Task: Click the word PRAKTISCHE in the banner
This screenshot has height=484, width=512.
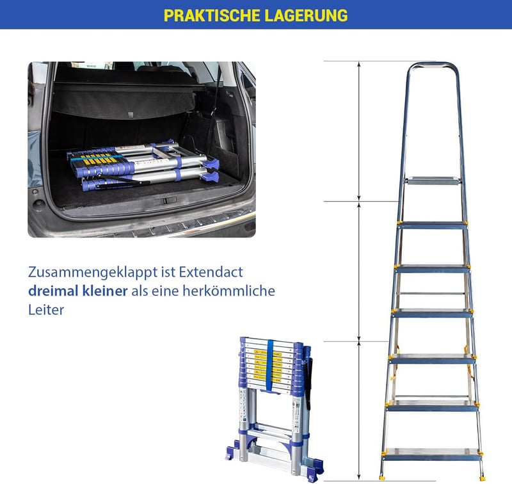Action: (212, 15)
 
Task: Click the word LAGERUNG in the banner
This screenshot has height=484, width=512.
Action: (307, 15)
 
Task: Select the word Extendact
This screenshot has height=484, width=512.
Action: (211, 272)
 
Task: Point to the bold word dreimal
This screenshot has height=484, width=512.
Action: (53, 291)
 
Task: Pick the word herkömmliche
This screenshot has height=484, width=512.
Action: (228, 291)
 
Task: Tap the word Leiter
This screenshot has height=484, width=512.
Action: (46, 310)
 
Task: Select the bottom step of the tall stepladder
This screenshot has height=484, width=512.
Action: (433, 454)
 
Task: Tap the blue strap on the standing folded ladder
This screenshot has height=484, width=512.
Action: (270, 365)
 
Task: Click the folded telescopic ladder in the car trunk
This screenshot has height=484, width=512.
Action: (143, 166)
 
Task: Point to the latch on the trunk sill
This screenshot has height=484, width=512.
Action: (165, 200)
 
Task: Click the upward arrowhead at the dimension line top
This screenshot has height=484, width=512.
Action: (359, 65)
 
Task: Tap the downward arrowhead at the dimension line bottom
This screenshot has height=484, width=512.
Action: (359, 478)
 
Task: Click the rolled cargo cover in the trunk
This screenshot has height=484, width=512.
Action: (124, 101)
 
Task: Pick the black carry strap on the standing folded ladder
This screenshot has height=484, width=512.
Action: (309, 383)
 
